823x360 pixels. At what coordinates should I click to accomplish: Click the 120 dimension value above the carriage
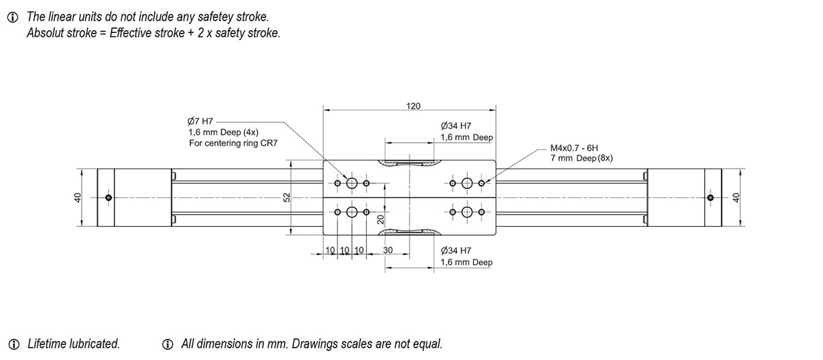click(x=413, y=106)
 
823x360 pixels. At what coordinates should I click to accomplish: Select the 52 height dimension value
click(x=287, y=197)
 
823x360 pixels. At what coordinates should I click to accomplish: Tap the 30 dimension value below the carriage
click(x=387, y=251)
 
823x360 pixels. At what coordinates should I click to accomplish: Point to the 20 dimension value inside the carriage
click(x=379, y=220)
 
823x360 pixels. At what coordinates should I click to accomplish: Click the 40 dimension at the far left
click(x=77, y=197)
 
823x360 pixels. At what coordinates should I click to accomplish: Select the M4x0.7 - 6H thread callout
click(x=574, y=147)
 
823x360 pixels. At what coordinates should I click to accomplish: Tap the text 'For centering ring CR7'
click(x=232, y=143)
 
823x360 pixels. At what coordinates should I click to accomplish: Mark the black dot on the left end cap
click(x=108, y=198)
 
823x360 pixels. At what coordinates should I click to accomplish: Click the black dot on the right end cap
click(x=710, y=198)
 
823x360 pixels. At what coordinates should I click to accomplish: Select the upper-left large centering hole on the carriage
click(x=353, y=183)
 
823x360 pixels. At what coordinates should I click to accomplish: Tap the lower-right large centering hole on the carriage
click(x=468, y=211)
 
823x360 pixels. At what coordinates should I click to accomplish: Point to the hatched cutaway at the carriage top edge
click(x=409, y=164)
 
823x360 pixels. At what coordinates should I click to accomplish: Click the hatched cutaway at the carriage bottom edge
click(x=409, y=232)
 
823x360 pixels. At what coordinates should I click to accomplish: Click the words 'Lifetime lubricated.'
click(x=73, y=344)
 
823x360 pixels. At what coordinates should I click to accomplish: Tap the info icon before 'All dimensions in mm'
click(x=167, y=344)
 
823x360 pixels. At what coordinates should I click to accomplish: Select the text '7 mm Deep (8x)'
click(x=581, y=158)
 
